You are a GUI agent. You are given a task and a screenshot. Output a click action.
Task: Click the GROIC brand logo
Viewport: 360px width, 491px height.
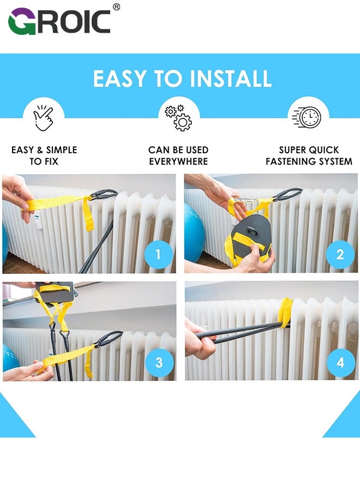[x=59, y=21]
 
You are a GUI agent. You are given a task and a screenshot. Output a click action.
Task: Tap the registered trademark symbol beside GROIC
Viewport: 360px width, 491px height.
[x=116, y=7]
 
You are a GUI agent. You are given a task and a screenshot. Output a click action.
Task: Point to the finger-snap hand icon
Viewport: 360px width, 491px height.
[x=44, y=118]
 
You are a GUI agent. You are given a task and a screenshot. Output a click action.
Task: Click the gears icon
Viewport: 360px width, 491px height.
[x=178, y=118]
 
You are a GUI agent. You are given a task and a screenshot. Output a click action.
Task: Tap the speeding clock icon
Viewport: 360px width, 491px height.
[x=307, y=117]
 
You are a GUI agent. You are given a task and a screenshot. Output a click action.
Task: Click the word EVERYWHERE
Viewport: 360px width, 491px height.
[x=178, y=161]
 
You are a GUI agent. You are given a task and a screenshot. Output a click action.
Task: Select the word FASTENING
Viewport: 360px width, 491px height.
[x=291, y=161]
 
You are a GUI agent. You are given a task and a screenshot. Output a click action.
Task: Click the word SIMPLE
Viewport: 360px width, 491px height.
[x=62, y=150]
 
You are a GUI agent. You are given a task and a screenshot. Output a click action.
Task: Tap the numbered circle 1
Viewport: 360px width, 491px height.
[x=158, y=254]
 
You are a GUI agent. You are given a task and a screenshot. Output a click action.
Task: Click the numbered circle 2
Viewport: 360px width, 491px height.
[x=340, y=254]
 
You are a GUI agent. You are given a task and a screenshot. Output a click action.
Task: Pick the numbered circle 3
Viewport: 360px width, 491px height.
[x=159, y=363]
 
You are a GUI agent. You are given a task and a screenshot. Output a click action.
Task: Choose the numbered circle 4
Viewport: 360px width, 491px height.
[x=340, y=363]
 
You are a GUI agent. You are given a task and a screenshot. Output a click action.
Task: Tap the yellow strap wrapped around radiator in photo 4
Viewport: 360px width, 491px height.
[x=285, y=313]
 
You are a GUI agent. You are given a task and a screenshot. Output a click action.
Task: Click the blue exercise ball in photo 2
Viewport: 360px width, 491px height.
[x=194, y=233]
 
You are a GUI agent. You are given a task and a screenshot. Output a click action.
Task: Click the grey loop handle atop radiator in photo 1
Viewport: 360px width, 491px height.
[x=104, y=194]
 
